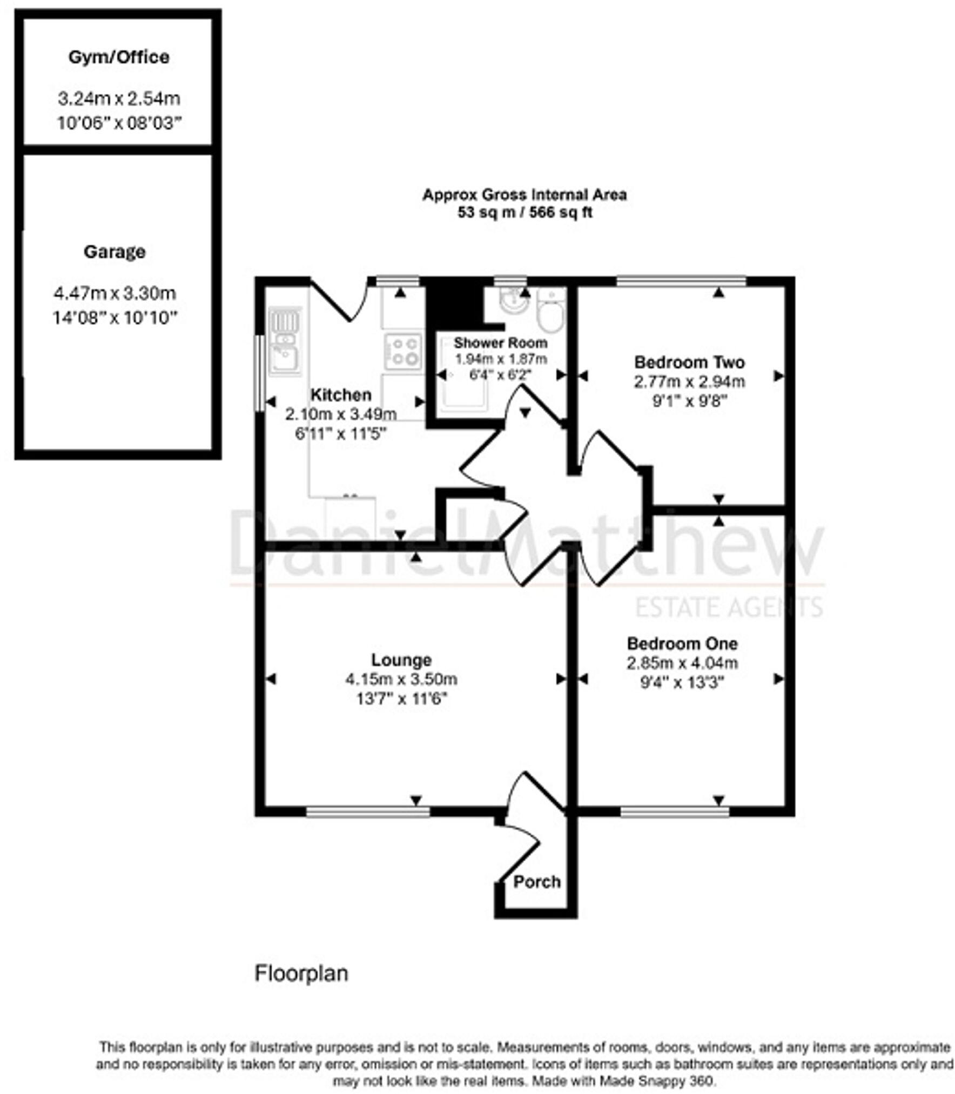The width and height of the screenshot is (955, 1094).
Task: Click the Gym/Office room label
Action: click(x=119, y=57)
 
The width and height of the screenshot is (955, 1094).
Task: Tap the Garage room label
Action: click(x=115, y=252)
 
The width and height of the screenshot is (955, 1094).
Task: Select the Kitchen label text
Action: click(x=341, y=395)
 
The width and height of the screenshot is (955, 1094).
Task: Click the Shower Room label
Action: click(x=500, y=343)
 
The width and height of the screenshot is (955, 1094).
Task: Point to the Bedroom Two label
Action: click(x=689, y=361)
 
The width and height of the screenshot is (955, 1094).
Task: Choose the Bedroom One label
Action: click(x=682, y=643)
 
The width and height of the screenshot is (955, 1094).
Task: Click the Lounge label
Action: click(x=401, y=660)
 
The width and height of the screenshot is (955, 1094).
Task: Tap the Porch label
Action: click(x=536, y=882)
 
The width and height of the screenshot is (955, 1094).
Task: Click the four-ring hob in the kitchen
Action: click(x=403, y=351)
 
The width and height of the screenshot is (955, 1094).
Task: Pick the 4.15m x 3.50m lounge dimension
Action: click(x=401, y=679)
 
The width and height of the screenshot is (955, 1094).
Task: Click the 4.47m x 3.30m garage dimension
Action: click(x=115, y=293)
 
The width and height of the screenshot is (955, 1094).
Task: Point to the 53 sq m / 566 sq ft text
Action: click(x=524, y=212)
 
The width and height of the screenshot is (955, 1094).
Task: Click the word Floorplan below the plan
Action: click(x=301, y=973)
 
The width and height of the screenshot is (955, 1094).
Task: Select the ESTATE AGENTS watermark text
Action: click(x=729, y=607)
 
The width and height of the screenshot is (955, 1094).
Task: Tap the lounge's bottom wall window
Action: click(x=368, y=811)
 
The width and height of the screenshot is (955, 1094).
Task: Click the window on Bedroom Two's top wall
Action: click(x=681, y=281)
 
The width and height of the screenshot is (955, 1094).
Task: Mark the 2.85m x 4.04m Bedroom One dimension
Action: click(x=682, y=663)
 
